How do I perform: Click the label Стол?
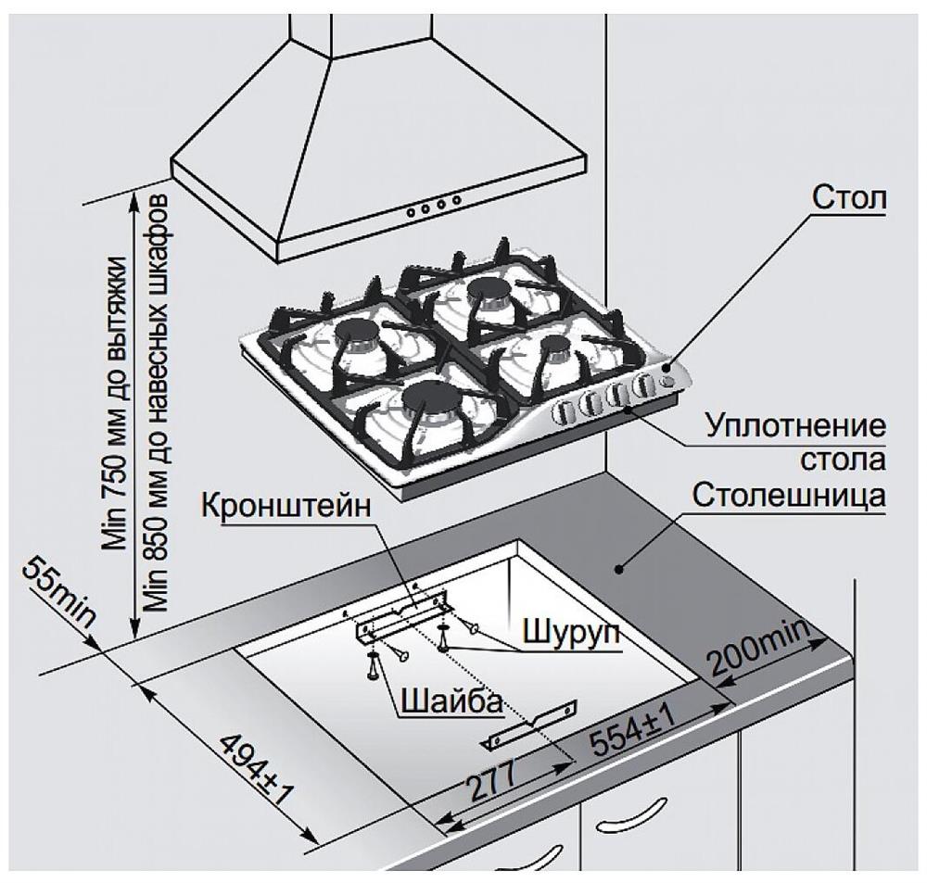pos(848,198)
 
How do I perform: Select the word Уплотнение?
pos(794,429)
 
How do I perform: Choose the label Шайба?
pos(451,700)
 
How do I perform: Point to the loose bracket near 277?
pos(529,724)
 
